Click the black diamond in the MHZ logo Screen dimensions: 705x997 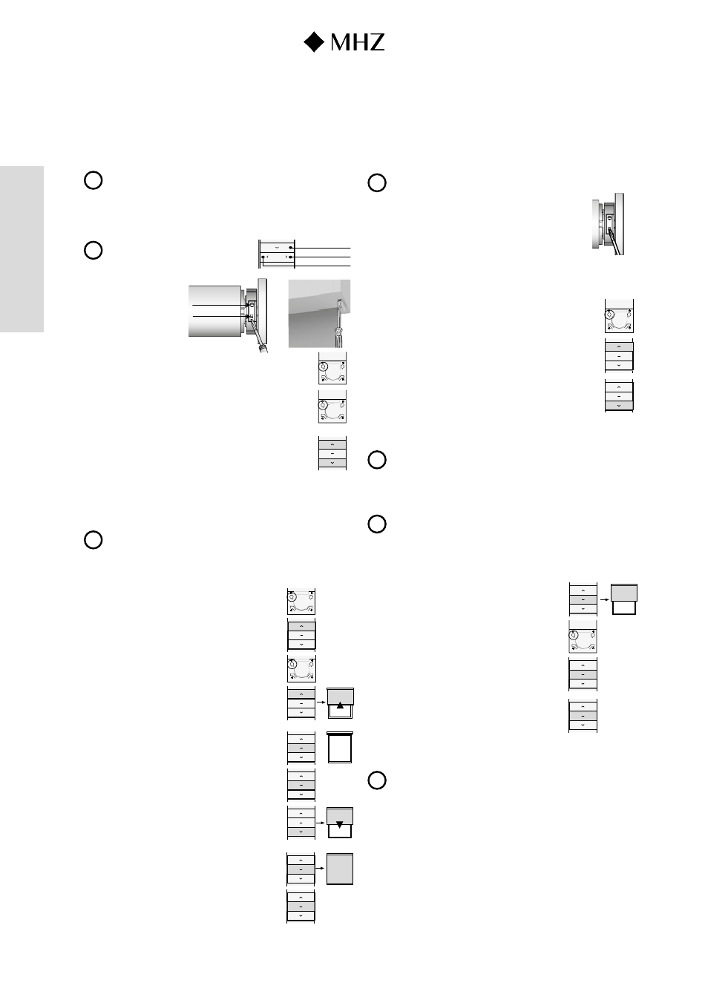(x=314, y=42)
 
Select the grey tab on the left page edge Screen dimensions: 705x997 (x=22, y=249)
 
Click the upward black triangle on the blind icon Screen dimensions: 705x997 (x=340, y=705)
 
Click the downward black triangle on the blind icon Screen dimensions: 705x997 (x=340, y=825)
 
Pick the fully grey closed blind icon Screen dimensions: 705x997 (x=340, y=869)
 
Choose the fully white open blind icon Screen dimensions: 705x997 (x=340, y=747)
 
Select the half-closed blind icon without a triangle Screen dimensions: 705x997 (x=624, y=599)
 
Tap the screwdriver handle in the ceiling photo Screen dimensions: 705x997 (x=339, y=337)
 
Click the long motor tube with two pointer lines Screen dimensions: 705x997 (x=214, y=311)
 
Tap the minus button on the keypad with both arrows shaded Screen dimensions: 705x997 (x=332, y=453)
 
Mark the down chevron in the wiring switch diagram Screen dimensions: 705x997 (x=277, y=248)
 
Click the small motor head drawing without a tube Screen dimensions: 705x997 (x=608, y=224)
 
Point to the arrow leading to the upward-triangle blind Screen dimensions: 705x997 (x=321, y=702)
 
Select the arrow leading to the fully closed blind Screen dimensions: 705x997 (x=320, y=868)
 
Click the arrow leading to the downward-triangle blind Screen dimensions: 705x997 (x=321, y=823)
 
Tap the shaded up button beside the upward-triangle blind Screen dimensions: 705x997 (x=301, y=694)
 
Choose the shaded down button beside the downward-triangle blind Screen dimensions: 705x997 (x=301, y=832)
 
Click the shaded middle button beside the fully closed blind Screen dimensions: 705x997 (x=301, y=869)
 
